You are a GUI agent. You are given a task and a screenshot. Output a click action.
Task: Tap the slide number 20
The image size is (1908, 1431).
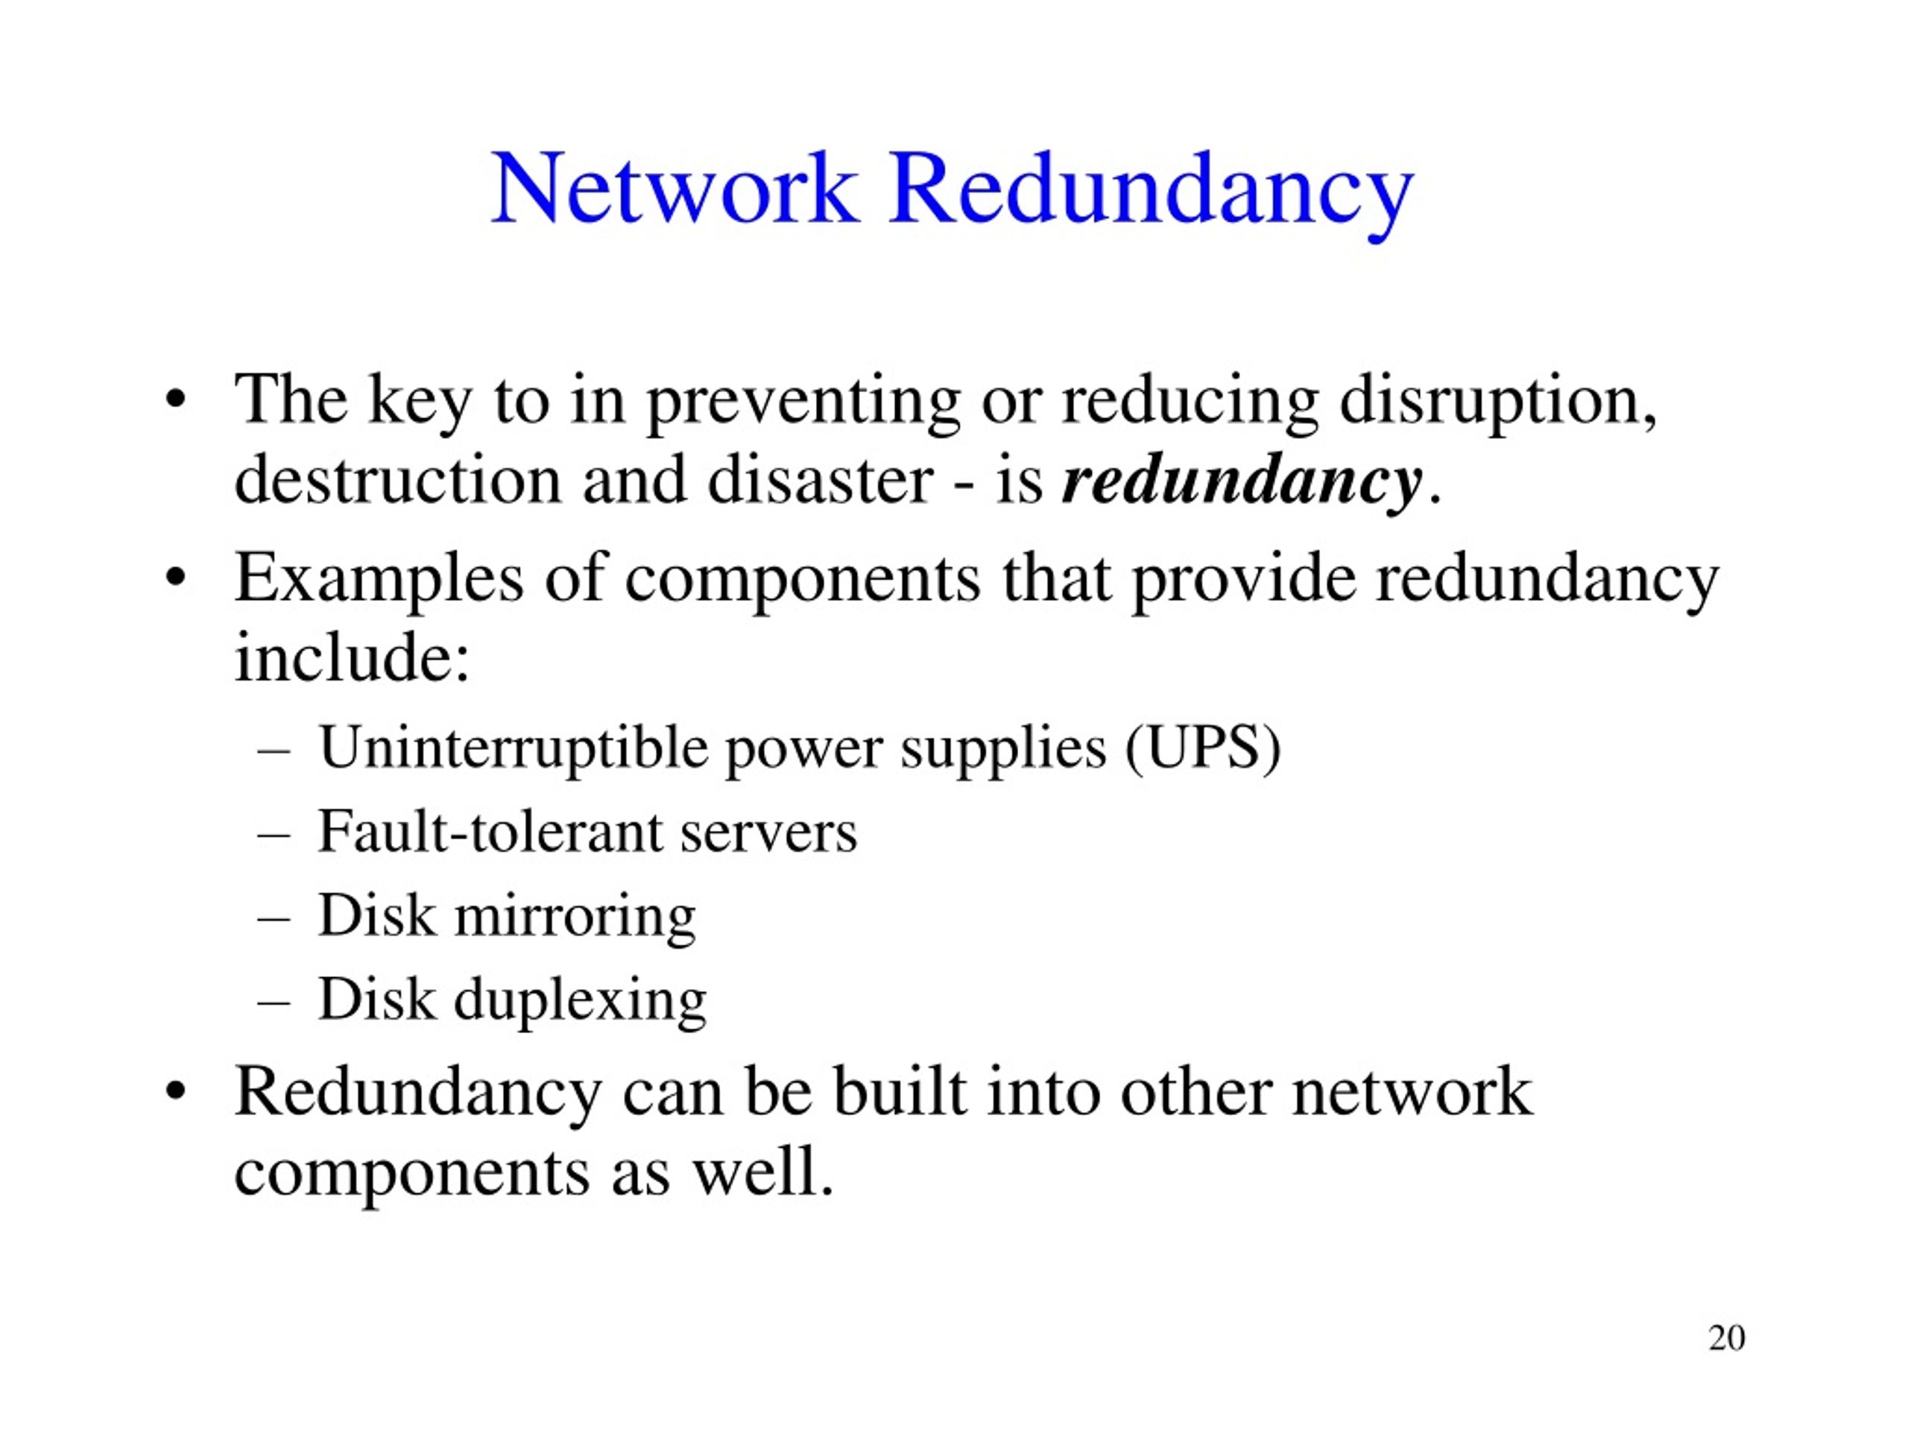point(1727,1337)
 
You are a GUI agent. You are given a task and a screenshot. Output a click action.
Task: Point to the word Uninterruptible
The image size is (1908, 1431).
point(512,747)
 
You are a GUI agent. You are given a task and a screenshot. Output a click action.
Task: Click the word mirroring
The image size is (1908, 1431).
point(575,916)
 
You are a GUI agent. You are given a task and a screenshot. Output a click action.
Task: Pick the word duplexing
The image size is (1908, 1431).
point(581,1000)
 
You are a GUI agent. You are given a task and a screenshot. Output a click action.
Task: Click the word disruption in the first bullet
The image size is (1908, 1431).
point(1497,401)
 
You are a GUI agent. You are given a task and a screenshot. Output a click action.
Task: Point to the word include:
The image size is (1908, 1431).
point(353,656)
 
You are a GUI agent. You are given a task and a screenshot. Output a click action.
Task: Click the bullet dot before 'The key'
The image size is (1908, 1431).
point(176,402)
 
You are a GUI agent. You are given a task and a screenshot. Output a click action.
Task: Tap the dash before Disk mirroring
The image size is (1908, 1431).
point(274,920)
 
